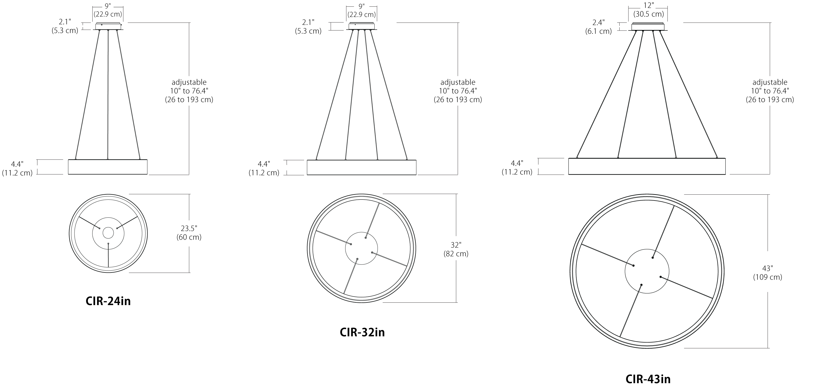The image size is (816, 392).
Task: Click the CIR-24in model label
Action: pyautogui.click(x=108, y=301)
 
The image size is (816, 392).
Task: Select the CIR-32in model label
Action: pyautogui.click(x=362, y=332)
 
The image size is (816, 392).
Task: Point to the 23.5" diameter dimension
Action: pyautogui.click(x=189, y=233)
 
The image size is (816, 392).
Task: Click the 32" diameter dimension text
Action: pyautogui.click(x=456, y=249)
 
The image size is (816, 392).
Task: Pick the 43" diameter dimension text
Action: pyautogui.click(x=768, y=272)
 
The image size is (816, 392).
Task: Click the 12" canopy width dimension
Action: pyautogui.click(x=648, y=10)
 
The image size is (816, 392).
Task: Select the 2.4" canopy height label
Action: pyautogui.click(x=599, y=27)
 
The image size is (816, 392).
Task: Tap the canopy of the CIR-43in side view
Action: pyautogui.click(x=648, y=27)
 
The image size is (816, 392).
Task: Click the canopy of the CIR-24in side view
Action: pyautogui.click(x=108, y=26)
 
